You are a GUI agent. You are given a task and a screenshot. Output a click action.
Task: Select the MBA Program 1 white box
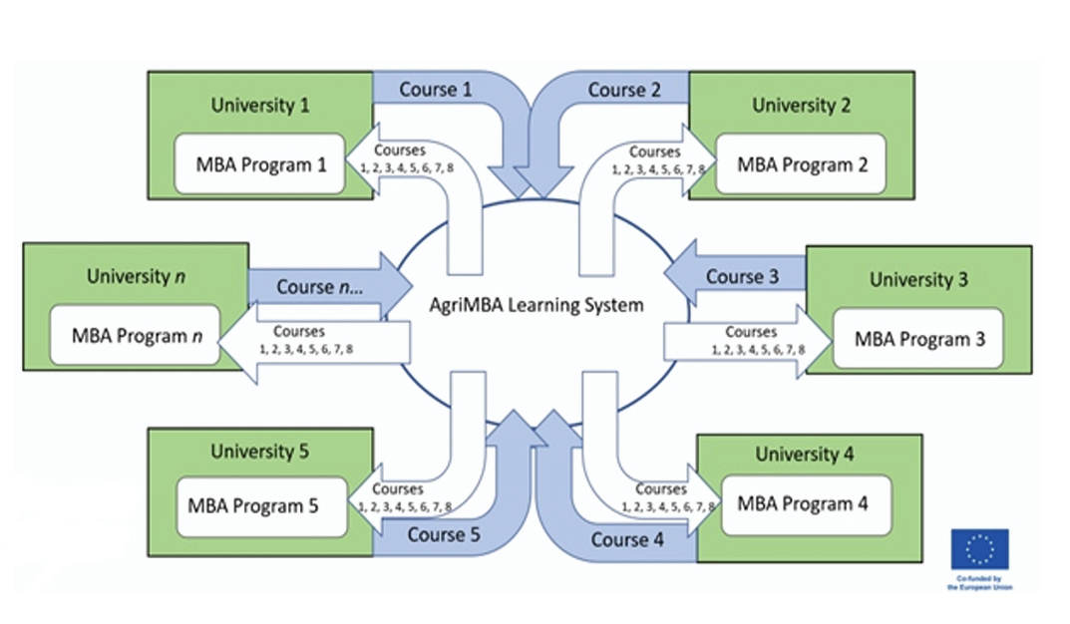point(260,164)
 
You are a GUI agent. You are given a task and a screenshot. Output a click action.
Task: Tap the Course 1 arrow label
point(435,90)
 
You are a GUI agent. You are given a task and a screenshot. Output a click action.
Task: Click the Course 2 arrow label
point(624,90)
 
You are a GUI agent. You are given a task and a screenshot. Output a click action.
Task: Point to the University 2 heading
point(801,105)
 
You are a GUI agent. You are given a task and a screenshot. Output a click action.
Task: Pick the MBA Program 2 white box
point(802,164)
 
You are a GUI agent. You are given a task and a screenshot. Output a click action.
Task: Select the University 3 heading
point(917,279)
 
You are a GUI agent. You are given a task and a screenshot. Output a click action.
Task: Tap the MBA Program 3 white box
point(919,338)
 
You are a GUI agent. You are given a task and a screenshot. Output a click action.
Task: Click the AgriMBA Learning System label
point(537,305)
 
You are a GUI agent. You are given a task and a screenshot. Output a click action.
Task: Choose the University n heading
point(136,276)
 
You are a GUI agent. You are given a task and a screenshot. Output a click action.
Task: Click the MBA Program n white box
point(136,336)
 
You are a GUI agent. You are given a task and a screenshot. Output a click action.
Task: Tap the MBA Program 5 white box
point(260,505)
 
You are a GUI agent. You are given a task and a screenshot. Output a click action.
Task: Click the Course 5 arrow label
point(444,535)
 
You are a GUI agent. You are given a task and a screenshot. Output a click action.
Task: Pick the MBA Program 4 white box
point(802,503)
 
